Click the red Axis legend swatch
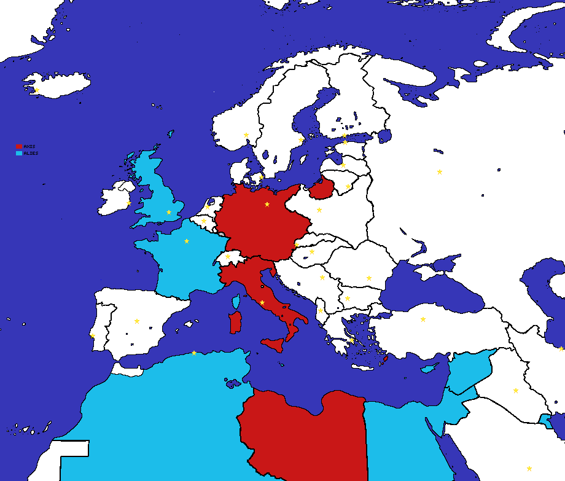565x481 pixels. point(18,147)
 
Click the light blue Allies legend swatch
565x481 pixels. point(18,154)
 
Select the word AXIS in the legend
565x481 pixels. point(29,147)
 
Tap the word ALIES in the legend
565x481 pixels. point(31,154)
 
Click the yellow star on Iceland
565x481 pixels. point(37,90)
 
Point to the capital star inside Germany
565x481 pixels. point(267,204)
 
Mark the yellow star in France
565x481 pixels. point(187,241)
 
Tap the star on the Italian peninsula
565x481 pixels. point(262,302)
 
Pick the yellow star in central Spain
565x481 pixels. point(137,321)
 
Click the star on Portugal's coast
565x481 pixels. point(93,336)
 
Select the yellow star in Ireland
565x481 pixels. point(129,203)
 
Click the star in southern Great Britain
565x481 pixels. point(169,212)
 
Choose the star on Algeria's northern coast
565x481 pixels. point(194,353)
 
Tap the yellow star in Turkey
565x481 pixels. point(423,319)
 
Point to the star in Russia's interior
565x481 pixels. point(440,171)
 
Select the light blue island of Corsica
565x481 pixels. point(235,301)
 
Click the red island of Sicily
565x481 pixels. point(274,343)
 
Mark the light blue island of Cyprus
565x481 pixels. point(429,369)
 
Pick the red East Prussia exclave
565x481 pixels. point(321,188)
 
